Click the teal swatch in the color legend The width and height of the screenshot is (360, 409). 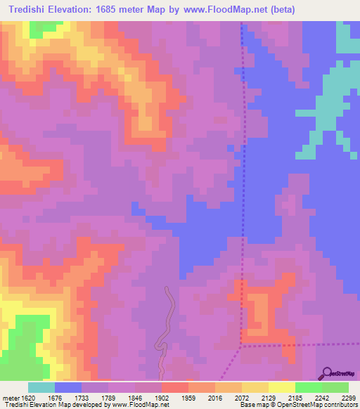[x=41, y=387]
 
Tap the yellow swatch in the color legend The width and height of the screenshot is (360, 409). [x=281, y=387]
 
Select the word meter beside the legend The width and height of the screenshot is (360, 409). [x=11, y=397]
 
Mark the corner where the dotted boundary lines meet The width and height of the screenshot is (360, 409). [x=241, y=345]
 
